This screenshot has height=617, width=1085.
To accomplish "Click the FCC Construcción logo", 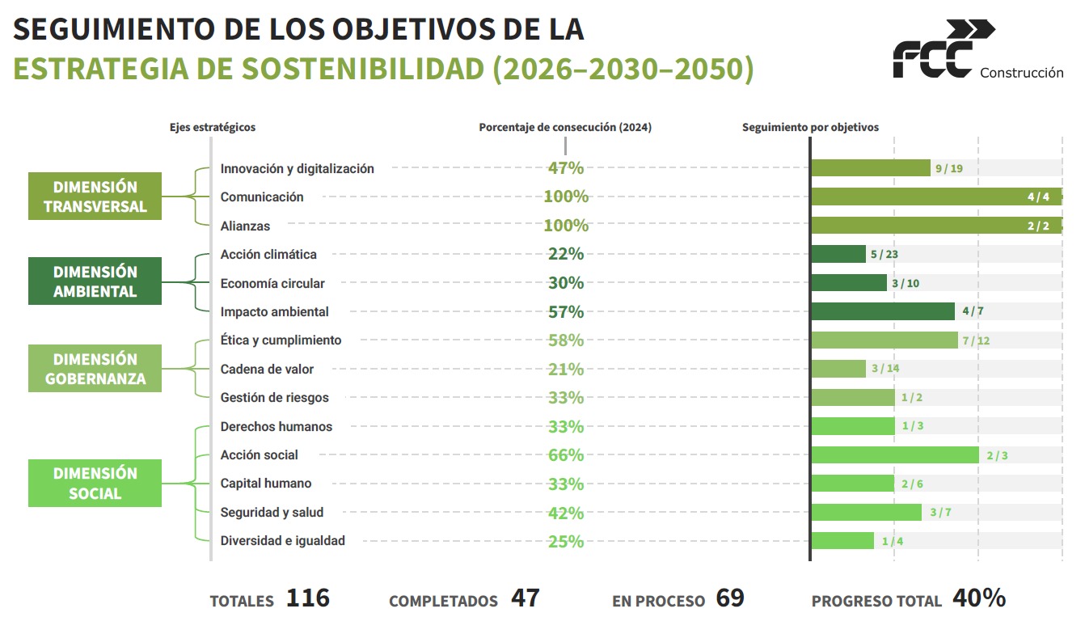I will [977, 51].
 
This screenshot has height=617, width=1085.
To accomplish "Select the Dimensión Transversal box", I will [95, 197].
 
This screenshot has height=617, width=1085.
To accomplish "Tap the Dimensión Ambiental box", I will [95, 281].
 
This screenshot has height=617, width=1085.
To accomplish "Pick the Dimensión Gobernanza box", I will [95, 369].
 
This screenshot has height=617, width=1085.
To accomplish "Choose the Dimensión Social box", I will [95, 484].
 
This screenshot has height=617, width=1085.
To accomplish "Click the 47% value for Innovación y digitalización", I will [566, 168].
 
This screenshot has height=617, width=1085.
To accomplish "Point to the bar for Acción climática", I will [838, 254].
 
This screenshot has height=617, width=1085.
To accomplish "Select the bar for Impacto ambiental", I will [883, 311].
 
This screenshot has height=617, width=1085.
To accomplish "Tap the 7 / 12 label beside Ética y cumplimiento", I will [976, 340].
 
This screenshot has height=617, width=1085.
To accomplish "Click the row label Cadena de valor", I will [267, 370].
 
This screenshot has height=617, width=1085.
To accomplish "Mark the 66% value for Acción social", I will [566, 455].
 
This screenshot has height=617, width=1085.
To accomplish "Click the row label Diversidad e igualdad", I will [282, 541].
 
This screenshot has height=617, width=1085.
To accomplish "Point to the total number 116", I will [308, 598].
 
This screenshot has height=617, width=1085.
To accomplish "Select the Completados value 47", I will [525, 598].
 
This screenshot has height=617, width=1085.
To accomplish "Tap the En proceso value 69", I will [730, 598].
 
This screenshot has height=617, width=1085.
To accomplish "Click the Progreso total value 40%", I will [979, 598].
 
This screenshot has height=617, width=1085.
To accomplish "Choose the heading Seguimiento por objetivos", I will [810, 128].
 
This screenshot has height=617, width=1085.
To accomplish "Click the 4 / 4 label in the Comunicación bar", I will [1038, 197].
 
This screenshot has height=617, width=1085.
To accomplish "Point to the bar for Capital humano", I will [852, 484].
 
